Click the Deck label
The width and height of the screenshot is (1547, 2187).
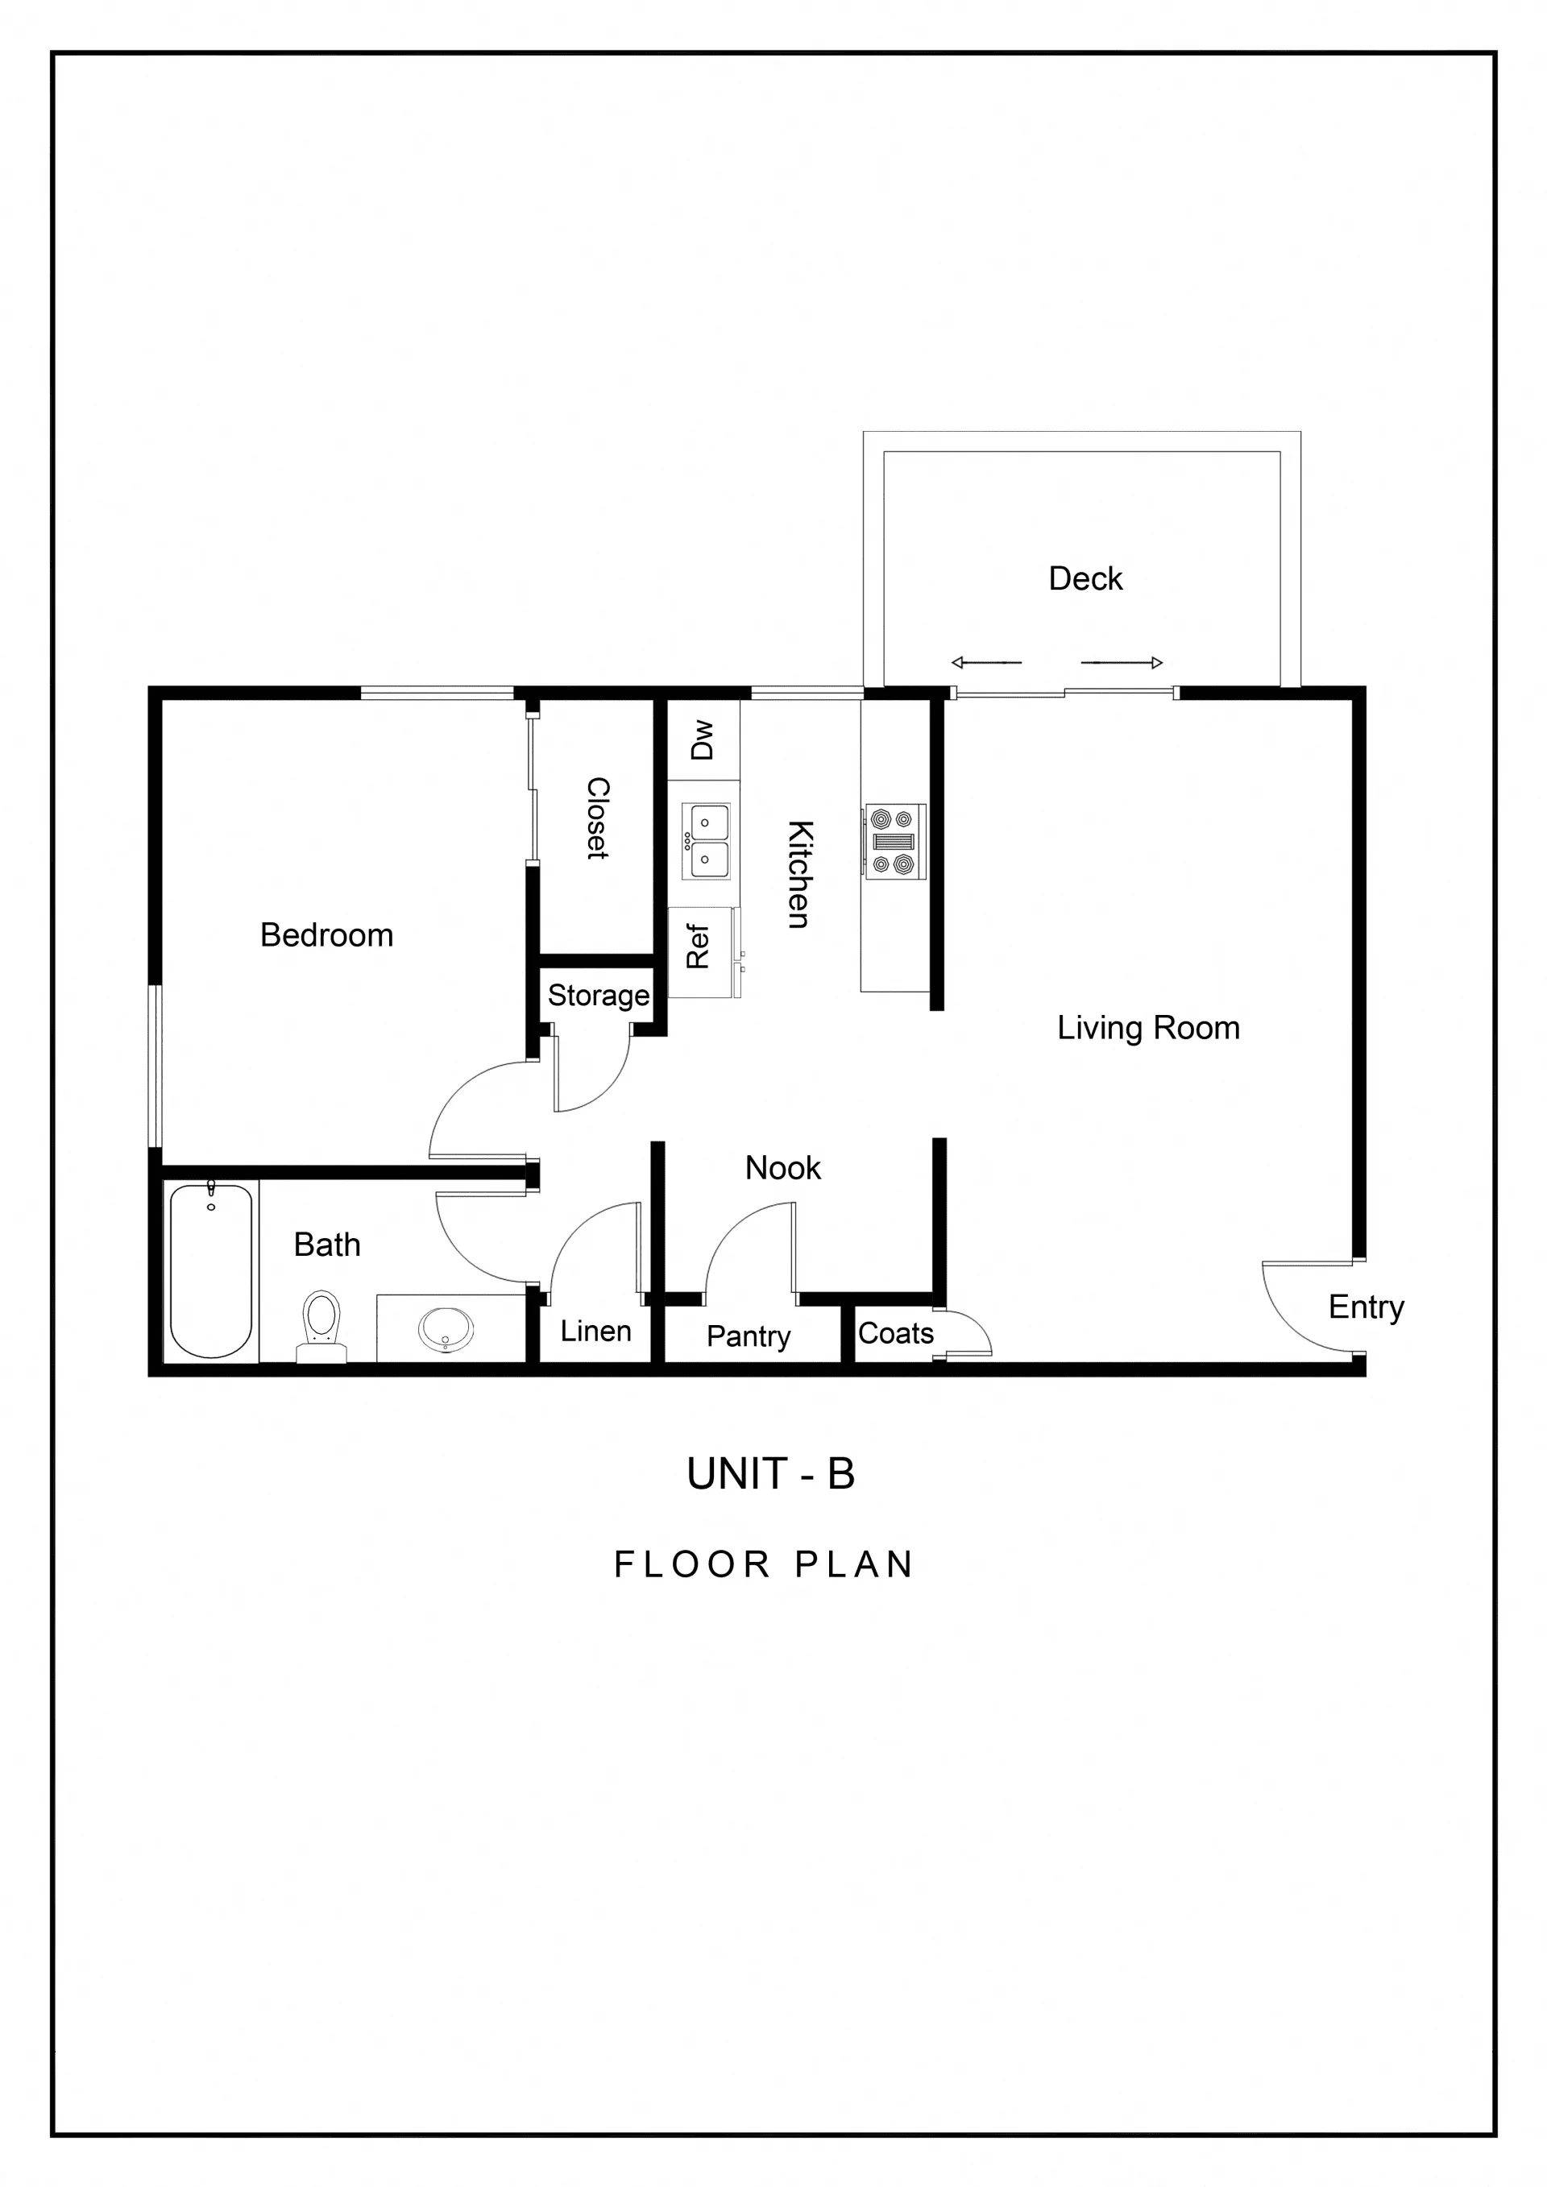point(1085,578)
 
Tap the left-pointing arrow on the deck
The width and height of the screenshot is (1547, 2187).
point(986,662)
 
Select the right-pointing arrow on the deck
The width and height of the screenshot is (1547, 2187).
point(1122,662)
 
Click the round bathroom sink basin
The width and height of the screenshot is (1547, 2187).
point(446,1328)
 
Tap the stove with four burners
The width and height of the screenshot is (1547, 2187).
point(894,841)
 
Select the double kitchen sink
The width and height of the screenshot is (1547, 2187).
point(706,840)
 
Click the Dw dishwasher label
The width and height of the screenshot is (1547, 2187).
point(702,739)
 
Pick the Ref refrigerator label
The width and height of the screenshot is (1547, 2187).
point(699,946)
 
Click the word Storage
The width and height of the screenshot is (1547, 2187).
point(598,996)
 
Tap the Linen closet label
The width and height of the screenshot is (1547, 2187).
point(595,1331)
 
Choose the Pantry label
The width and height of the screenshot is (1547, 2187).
point(748,1336)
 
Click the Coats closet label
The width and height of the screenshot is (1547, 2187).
point(895,1332)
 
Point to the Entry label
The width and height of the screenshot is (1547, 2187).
point(1366,1307)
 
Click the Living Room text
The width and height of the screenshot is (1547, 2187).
point(1148,1028)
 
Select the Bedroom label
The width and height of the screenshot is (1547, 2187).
point(327,935)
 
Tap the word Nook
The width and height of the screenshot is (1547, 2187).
point(782,1168)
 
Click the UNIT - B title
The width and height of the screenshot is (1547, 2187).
point(770,1473)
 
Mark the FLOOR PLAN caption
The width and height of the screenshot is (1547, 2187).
point(764,1564)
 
